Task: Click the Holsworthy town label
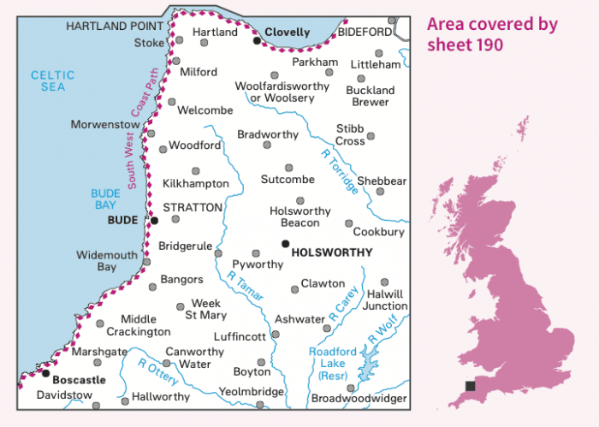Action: point(333,252)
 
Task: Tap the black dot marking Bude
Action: point(155,220)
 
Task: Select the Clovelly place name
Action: point(288,32)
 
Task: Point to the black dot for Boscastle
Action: point(45,373)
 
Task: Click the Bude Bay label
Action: point(106,199)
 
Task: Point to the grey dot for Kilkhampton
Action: point(195,170)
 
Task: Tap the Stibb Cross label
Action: point(350,134)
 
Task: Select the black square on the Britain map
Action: point(470,387)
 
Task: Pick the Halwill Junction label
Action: point(385,299)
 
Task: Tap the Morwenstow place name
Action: point(105,125)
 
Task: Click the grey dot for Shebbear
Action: point(380,192)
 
